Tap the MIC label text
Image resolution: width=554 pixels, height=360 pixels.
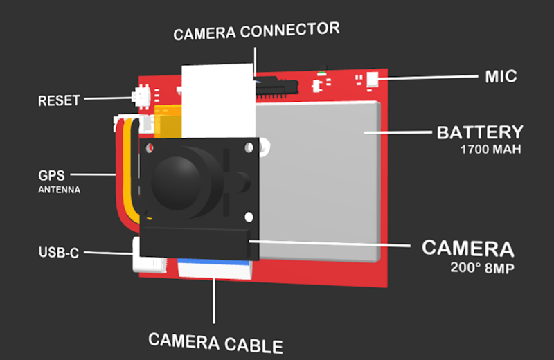pos(501,76)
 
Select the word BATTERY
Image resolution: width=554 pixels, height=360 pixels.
pos(479,132)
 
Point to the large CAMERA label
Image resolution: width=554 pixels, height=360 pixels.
pos(468,249)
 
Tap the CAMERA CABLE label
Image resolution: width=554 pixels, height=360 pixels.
pos(215,342)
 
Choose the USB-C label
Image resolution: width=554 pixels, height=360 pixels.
pos(60,253)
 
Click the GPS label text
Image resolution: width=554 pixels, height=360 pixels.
pos(51,176)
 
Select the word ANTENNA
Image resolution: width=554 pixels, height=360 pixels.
pos(60,190)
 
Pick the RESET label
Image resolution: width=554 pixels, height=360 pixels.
pos(59,100)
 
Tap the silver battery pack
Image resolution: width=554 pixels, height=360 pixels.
pos(319,180)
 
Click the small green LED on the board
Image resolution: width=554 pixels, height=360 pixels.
pos(322,72)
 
